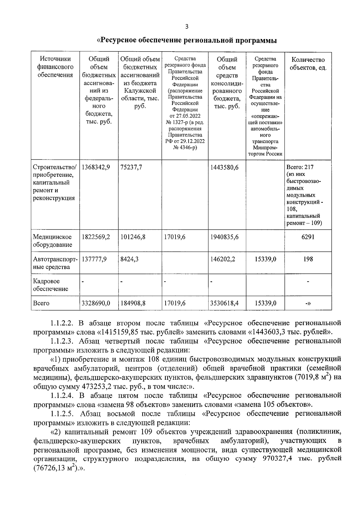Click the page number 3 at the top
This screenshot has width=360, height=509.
point(187,27)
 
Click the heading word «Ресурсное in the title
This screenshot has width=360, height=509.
point(119,40)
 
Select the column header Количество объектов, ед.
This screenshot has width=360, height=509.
point(308,64)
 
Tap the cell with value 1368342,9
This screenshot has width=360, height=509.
point(96,167)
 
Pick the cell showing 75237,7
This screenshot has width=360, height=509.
point(131,167)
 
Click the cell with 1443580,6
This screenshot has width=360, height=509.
point(225,167)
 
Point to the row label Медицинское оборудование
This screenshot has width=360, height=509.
point(52,241)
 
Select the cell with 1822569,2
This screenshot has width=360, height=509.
point(96,237)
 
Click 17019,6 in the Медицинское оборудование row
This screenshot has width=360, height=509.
point(175,237)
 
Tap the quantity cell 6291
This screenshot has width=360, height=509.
point(308,237)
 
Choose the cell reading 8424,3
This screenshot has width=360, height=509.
point(129,259)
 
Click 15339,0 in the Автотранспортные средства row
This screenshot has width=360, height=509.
point(265,259)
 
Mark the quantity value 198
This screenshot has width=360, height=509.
point(308,259)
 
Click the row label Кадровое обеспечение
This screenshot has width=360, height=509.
point(50,285)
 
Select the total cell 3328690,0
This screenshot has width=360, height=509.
point(96,303)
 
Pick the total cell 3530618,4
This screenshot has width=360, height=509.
point(225,303)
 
